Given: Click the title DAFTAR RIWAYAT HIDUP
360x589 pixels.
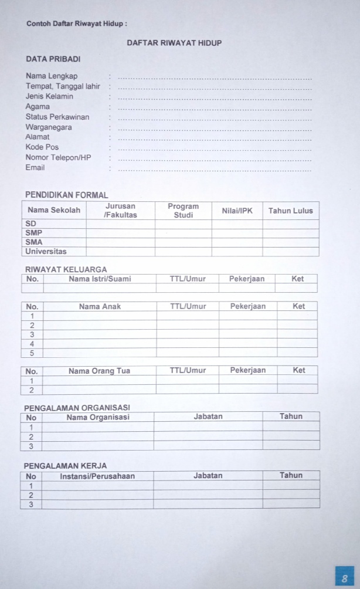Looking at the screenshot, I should click(x=174, y=43).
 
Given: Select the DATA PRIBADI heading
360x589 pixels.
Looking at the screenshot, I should click(x=53, y=59).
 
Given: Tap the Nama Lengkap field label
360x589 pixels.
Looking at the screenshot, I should click(x=52, y=76).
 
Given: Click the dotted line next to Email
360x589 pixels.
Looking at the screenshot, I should click(x=215, y=170).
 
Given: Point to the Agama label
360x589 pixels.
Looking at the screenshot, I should click(x=38, y=107).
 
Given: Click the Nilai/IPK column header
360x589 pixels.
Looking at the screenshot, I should click(x=237, y=211).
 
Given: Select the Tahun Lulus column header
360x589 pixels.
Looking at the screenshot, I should click(x=290, y=211).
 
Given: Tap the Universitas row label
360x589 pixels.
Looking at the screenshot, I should click(x=46, y=252).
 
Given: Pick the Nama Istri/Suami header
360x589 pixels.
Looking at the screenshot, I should click(x=100, y=279).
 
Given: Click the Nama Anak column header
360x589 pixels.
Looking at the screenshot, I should click(x=100, y=306).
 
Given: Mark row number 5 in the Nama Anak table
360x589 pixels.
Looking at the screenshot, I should click(x=32, y=353).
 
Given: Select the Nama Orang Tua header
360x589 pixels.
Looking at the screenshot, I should click(x=99, y=371).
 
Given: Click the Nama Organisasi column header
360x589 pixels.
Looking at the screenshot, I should click(x=98, y=417).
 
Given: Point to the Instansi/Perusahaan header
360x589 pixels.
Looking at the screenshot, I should click(x=97, y=476).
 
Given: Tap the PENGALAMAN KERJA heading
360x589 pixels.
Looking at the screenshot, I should click(x=65, y=466).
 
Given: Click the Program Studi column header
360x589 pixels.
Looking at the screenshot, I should click(x=183, y=211).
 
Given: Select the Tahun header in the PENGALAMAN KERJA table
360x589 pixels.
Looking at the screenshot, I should click(x=291, y=475).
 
